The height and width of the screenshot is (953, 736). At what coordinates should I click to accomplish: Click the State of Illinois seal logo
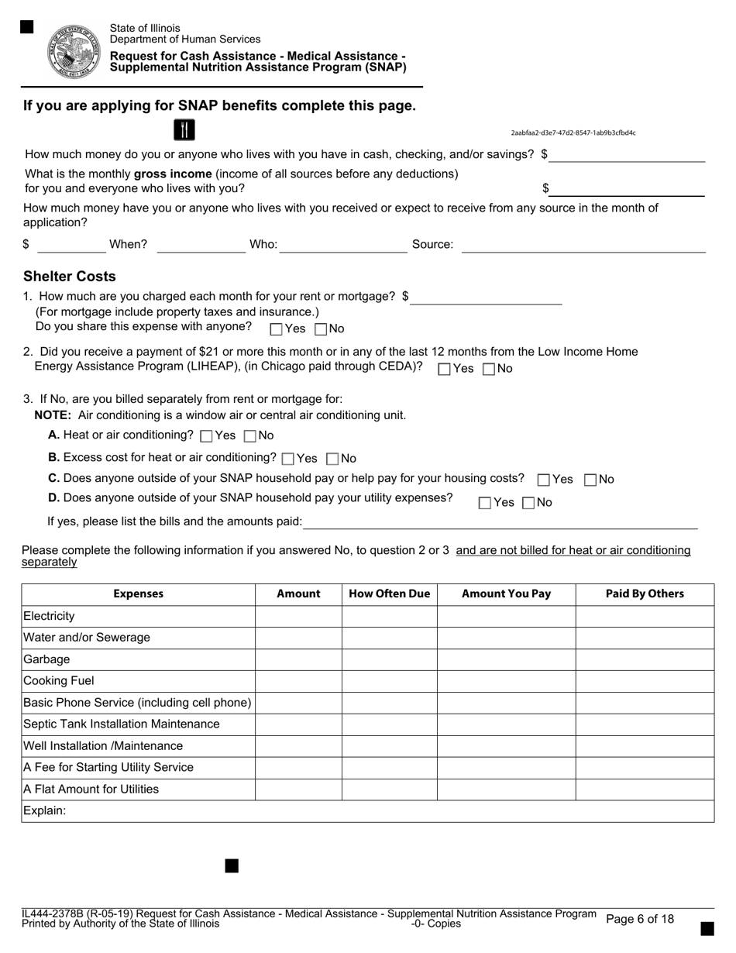tap(74, 50)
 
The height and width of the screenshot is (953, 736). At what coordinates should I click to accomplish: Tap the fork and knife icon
tap(184, 130)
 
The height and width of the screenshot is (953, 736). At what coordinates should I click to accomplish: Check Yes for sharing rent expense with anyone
tap(277, 329)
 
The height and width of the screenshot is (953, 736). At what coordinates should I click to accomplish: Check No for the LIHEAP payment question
tap(489, 370)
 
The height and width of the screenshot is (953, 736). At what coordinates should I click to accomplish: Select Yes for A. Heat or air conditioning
tap(206, 436)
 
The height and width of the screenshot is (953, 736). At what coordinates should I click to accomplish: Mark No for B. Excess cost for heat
tap(333, 459)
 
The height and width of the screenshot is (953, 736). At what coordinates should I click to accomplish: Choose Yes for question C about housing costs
tap(544, 480)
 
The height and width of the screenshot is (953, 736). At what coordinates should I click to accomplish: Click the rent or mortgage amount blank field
tap(486, 298)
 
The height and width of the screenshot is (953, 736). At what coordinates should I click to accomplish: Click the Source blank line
tap(583, 246)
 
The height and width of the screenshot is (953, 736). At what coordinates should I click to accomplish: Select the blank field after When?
tap(201, 246)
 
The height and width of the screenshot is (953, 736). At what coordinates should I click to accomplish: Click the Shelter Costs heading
tap(70, 277)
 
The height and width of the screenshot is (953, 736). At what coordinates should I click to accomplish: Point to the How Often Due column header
tap(389, 594)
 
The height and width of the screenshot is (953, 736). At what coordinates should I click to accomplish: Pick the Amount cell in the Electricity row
tap(298, 616)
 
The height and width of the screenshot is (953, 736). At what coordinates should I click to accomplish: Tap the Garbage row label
tap(47, 659)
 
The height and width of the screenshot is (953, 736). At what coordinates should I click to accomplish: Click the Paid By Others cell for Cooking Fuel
tap(645, 681)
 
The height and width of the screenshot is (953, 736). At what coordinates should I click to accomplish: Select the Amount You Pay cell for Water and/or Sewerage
tap(506, 638)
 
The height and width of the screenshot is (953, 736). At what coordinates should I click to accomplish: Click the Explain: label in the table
tap(45, 810)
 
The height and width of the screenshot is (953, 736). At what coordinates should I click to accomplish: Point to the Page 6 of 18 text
tap(640, 919)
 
